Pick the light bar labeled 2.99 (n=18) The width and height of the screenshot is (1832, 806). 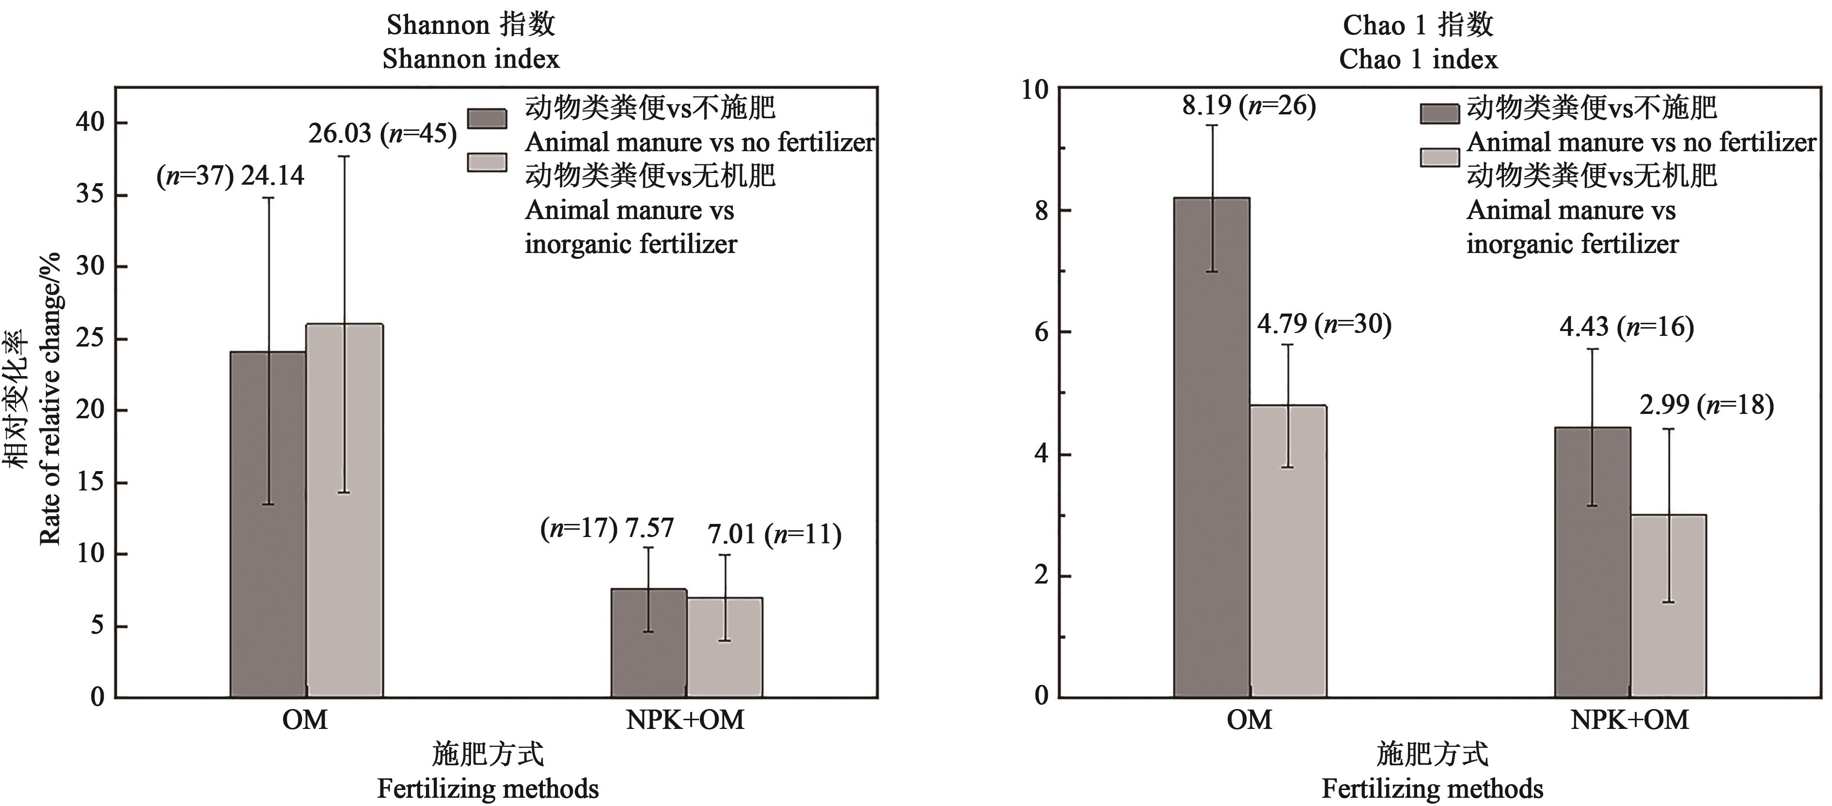point(1668,605)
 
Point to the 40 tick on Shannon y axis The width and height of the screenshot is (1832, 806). point(90,122)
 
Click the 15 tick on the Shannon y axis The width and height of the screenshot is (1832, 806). point(90,482)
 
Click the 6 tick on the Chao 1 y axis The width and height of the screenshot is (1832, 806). point(1041,332)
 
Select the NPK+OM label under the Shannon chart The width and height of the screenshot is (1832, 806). point(685,720)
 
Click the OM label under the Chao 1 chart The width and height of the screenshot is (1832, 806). point(1249,720)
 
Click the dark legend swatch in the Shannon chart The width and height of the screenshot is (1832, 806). point(487,118)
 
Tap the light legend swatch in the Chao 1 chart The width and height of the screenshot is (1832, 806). point(1439,157)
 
